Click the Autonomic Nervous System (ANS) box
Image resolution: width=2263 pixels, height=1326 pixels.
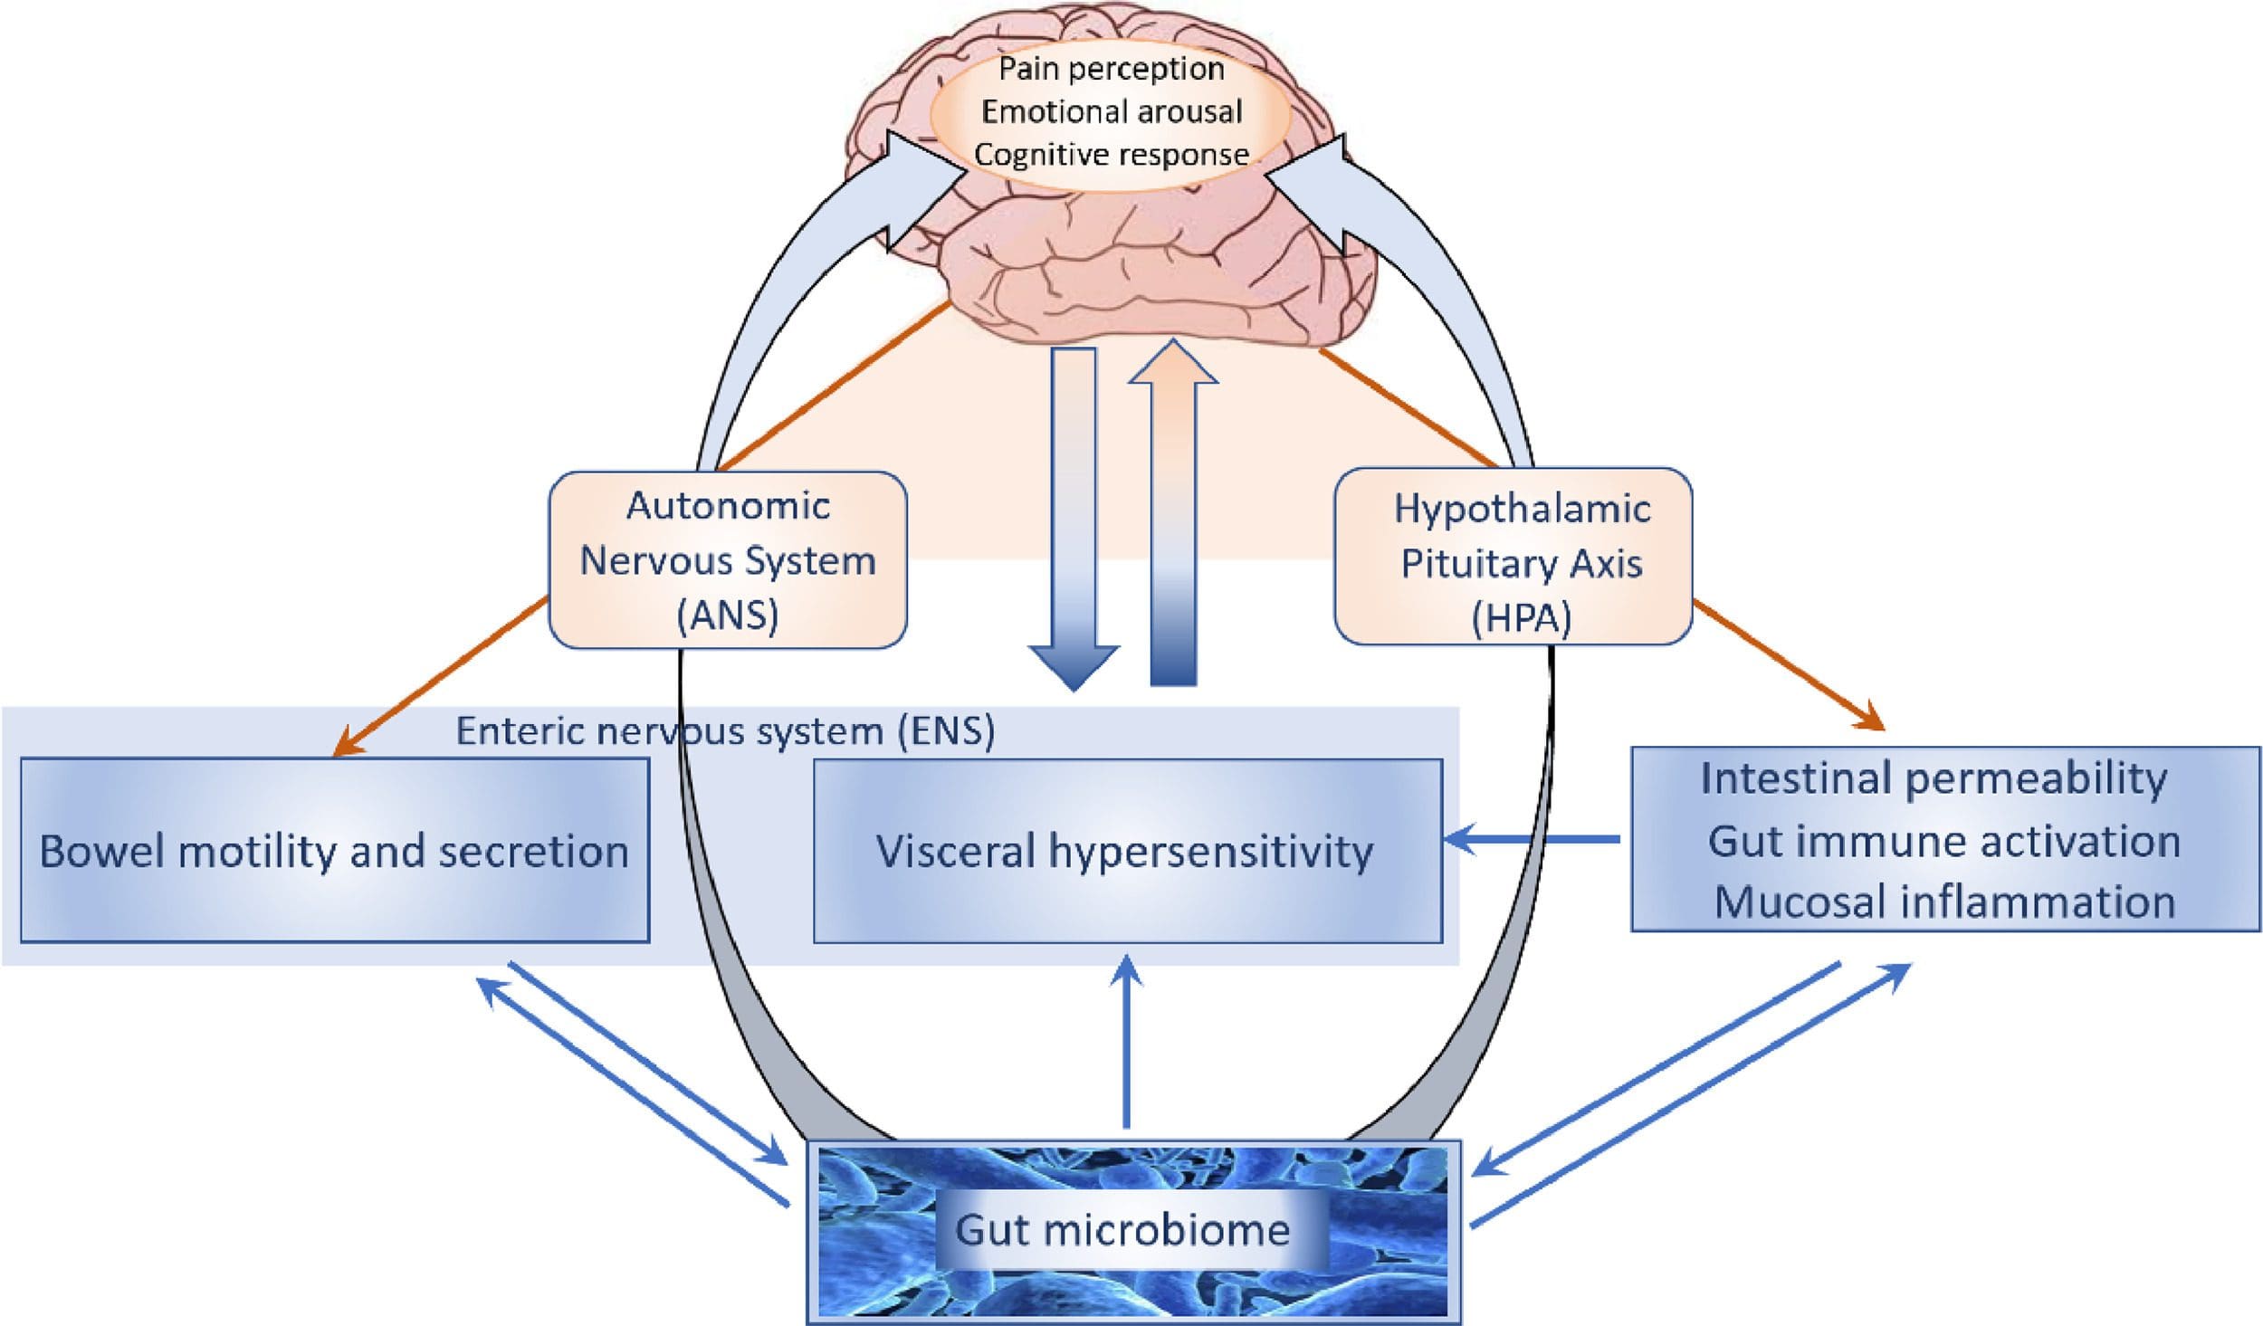(728, 559)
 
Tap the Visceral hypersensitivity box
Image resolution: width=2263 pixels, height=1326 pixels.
(1127, 851)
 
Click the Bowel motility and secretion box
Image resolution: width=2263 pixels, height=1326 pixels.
(334, 851)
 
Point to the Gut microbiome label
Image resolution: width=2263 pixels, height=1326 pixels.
(1122, 1229)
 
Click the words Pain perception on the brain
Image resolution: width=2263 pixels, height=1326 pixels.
(1111, 69)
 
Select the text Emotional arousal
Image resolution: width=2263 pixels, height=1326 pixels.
(1112, 111)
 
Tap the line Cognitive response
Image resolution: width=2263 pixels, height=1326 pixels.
(1111, 154)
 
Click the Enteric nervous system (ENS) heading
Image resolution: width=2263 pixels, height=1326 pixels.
(724, 730)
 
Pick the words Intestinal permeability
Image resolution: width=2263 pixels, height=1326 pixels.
(1934, 778)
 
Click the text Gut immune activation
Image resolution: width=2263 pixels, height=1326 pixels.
(1943, 841)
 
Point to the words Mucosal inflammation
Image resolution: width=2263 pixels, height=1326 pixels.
(1944, 902)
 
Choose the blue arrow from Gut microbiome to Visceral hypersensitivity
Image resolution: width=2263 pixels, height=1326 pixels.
(1127, 1041)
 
